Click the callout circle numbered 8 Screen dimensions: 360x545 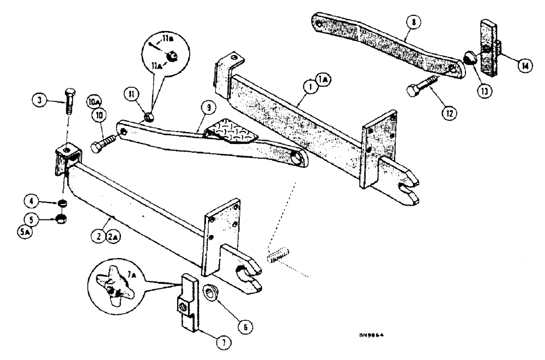pyautogui.click(x=415, y=23)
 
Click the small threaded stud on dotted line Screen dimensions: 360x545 pyautogui.click(x=277, y=255)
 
